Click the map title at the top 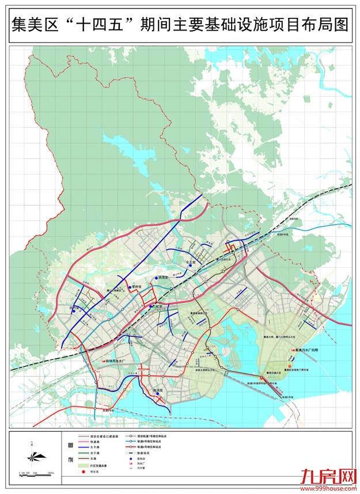[x=180, y=25]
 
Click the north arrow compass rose [x=33, y=456]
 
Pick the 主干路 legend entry [x=96, y=447]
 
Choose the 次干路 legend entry [x=96, y=453]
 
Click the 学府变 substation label [x=136, y=286]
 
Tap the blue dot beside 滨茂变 [x=156, y=278]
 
